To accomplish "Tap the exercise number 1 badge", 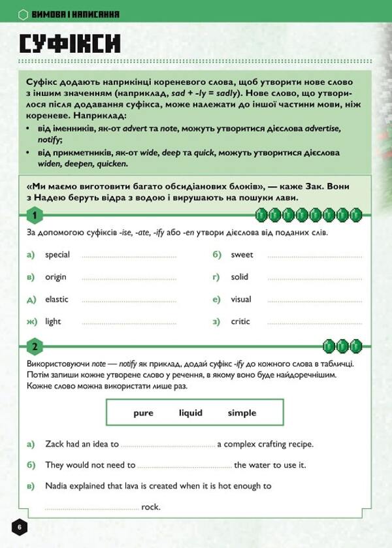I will [34, 216].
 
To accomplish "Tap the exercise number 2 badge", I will [34, 346].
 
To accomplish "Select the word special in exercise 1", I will [57, 255].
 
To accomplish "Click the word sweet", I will [242, 255].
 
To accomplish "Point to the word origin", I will [56, 277].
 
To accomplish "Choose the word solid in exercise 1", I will [240, 277].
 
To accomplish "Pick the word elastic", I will [57, 299].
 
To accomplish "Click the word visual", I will [241, 299].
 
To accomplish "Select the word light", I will [53, 321].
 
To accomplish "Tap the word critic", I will [240, 321].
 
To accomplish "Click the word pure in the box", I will [143, 413].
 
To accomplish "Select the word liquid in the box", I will [191, 413].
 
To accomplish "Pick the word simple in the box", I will [242, 413].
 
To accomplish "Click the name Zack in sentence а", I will [56, 444].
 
